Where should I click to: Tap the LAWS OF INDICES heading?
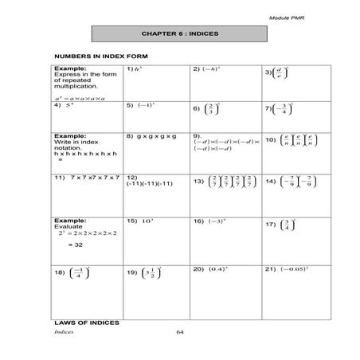[x=86, y=323]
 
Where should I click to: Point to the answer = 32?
[x=75, y=246]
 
